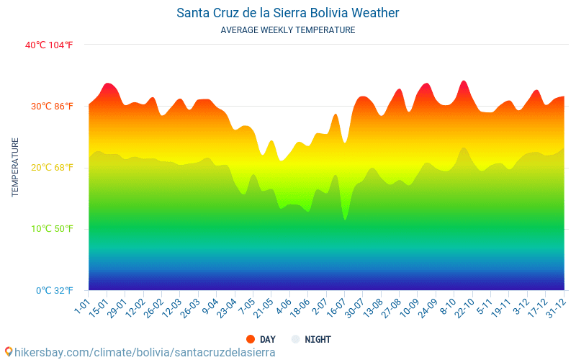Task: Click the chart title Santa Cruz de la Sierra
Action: click(x=287, y=13)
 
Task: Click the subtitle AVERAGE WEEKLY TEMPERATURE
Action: click(x=287, y=30)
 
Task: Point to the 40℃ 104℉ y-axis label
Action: click(x=49, y=45)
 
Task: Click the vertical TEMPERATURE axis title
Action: click(x=15, y=167)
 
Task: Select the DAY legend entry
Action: click(x=261, y=339)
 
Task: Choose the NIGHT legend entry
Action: click(x=311, y=339)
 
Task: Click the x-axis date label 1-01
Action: click(x=82, y=307)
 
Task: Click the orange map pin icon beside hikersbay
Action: click(x=8, y=351)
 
